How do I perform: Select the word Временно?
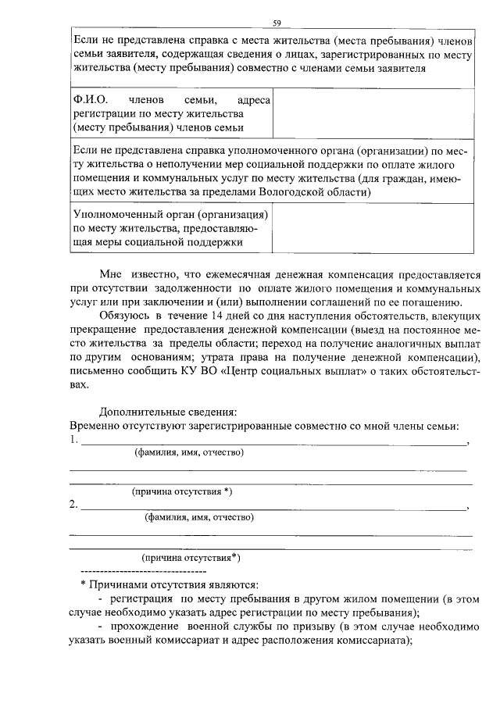(x=96, y=425)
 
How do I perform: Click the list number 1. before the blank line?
(x=73, y=440)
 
